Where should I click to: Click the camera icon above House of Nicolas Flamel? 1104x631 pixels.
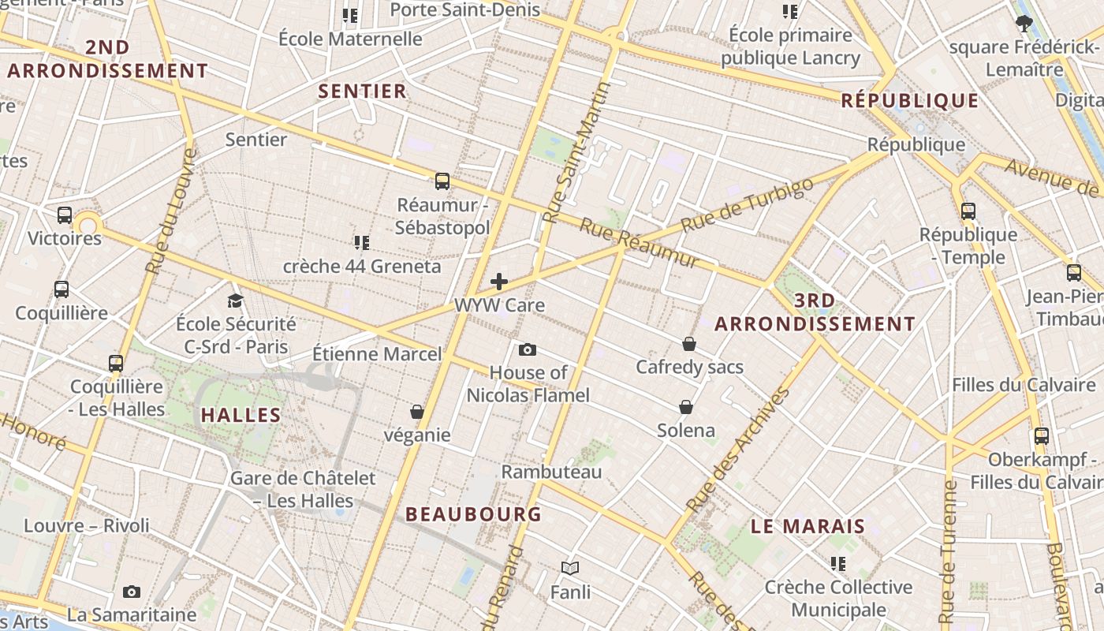(x=528, y=349)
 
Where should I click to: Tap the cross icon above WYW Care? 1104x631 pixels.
(x=499, y=282)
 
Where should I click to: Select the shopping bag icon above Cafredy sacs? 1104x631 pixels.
(x=689, y=344)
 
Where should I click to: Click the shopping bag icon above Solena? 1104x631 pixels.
(x=686, y=407)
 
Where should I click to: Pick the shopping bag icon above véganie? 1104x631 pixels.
(x=417, y=412)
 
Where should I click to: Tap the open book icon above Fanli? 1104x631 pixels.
(x=570, y=568)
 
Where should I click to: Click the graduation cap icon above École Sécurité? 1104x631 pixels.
(x=235, y=301)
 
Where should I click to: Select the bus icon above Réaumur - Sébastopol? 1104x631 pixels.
(x=442, y=181)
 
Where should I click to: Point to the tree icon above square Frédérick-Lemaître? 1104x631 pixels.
(x=1024, y=24)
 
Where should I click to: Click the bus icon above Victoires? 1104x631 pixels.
(x=65, y=215)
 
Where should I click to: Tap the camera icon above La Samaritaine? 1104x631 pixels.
(x=132, y=592)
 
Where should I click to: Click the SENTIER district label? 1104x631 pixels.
(x=363, y=91)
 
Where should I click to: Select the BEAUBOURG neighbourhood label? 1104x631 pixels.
(x=473, y=514)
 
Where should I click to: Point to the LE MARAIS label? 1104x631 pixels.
(x=807, y=526)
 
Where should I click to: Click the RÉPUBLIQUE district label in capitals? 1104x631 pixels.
(x=909, y=101)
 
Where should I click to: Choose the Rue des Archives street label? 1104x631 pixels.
(x=738, y=450)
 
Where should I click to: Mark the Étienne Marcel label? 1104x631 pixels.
(x=377, y=354)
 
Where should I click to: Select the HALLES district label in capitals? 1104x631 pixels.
(x=241, y=415)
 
